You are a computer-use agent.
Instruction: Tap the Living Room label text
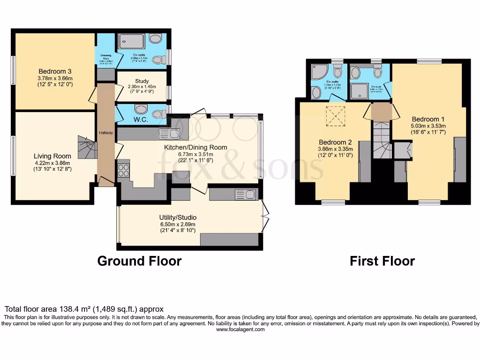pyautogui.click(x=52, y=156)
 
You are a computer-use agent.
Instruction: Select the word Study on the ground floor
pyautogui.click(x=141, y=81)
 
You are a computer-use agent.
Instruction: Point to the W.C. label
pyautogui.click(x=141, y=120)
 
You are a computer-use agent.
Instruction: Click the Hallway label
pyautogui.click(x=105, y=133)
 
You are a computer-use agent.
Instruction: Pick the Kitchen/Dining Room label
pyautogui.click(x=195, y=147)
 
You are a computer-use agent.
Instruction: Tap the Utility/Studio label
pyautogui.click(x=178, y=217)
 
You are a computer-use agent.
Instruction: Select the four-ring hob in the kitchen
pyautogui.click(x=123, y=170)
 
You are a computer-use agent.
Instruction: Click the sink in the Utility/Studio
pyautogui.click(x=245, y=194)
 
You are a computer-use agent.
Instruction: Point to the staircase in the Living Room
pyautogui.click(x=88, y=148)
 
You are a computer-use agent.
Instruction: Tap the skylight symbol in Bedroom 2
pyautogui.click(x=335, y=116)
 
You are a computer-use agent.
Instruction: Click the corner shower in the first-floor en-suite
pyautogui.click(x=320, y=72)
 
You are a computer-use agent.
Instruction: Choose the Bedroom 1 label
pyautogui.click(x=425, y=119)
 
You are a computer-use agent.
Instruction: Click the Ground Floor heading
pyautogui.click(x=139, y=261)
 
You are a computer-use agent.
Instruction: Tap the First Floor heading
pyautogui.click(x=382, y=261)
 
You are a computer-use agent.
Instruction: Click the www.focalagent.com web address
pyautogui.click(x=240, y=330)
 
